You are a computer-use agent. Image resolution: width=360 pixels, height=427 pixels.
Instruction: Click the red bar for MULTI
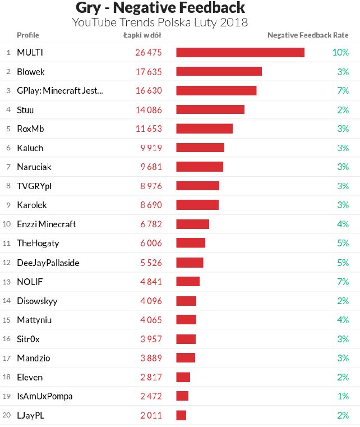click(x=240, y=52)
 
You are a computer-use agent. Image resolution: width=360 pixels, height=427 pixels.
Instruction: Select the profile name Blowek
click(x=31, y=72)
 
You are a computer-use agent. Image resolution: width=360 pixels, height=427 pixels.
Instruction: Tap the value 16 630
click(x=149, y=90)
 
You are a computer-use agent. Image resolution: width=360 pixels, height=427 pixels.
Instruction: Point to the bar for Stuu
click(x=210, y=109)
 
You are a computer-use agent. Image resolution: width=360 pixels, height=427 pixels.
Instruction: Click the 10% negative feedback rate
click(x=340, y=52)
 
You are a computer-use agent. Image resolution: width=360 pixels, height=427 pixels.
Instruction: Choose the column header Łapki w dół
click(x=142, y=35)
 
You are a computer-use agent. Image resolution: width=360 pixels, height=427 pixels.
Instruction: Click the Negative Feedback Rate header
click(x=308, y=35)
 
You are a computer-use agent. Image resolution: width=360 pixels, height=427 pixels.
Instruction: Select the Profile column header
click(x=28, y=35)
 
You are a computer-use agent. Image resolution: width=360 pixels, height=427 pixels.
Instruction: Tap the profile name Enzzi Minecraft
click(x=47, y=224)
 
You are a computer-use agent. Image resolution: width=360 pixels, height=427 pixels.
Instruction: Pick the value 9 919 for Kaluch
click(x=151, y=148)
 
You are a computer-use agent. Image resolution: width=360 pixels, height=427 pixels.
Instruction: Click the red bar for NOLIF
click(x=188, y=281)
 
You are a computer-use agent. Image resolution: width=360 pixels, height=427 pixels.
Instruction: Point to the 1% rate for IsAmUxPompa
click(x=343, y=396)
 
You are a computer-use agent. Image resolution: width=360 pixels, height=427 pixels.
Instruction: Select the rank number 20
click(x=7, y=415)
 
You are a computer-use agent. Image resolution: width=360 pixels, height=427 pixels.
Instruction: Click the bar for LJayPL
click(x=181, y=415)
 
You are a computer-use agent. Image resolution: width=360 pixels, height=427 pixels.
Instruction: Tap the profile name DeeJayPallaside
click(x=48, y=263)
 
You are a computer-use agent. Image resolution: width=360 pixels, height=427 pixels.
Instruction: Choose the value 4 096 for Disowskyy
click(x=151, y=301)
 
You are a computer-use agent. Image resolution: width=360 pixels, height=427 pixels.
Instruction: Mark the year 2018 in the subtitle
click(x=234, y=22)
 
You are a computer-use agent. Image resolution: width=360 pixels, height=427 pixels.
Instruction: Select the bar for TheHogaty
click(x=191, y=243)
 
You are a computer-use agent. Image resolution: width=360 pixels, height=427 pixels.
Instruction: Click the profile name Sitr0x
click(x=29, y=339)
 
